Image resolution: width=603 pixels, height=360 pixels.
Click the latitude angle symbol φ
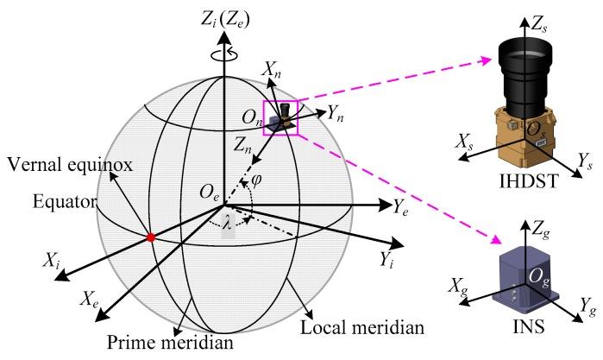coord(278,182)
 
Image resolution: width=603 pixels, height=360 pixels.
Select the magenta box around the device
coord(281,117)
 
